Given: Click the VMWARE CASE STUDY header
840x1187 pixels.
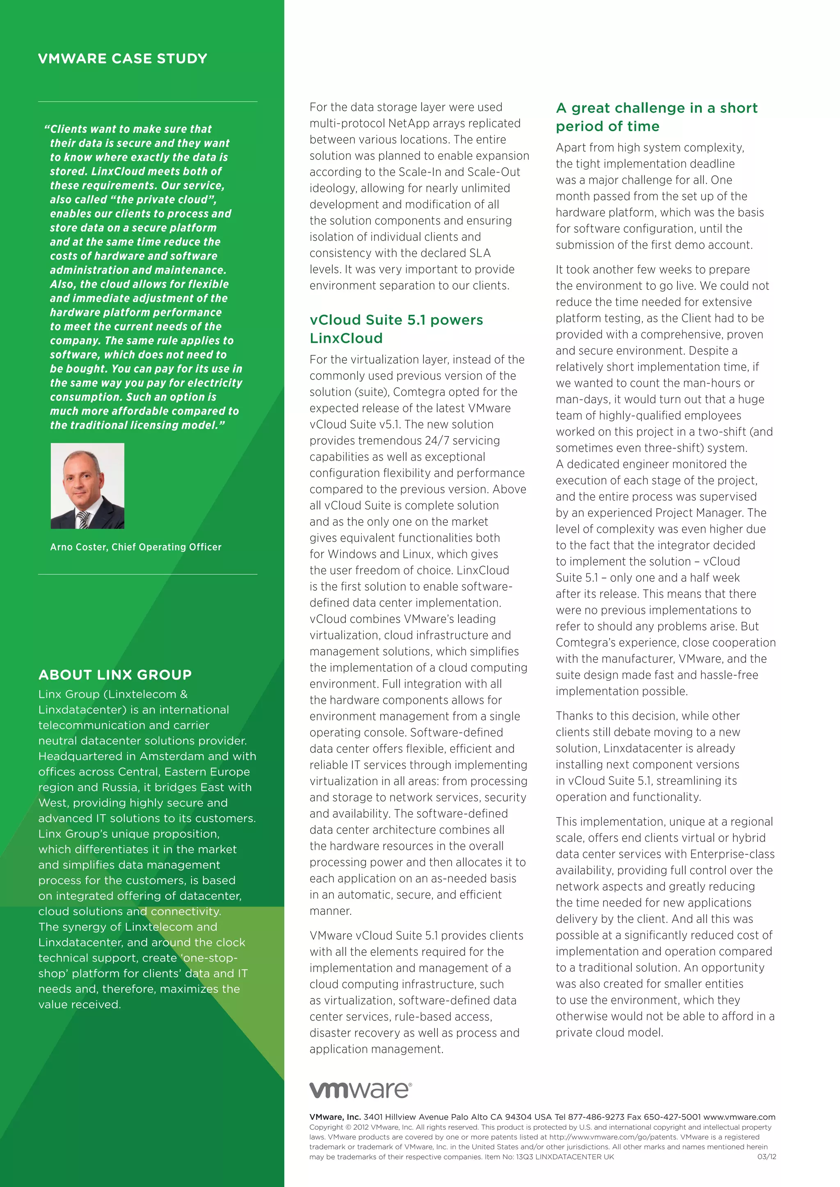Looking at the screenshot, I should tap(123, 59).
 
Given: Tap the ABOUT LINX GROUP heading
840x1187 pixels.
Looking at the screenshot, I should tap(115, 675).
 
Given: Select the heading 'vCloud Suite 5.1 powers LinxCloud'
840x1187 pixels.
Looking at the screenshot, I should tap(396, 329).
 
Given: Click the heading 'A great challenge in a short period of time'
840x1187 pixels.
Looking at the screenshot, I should tap(656, 117).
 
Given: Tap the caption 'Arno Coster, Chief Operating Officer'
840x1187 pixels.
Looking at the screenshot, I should tap(135, 547).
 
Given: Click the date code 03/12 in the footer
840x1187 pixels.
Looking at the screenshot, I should tap(767, 1157).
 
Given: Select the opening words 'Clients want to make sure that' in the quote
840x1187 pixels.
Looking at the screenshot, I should tap(129, 129).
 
